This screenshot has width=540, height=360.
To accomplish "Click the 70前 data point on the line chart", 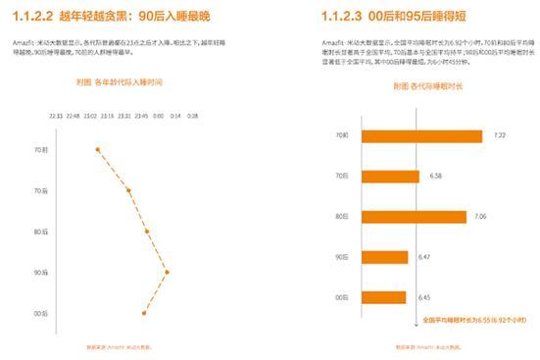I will tap(98, 149).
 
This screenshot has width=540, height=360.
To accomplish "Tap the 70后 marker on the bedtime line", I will tap(128, 190).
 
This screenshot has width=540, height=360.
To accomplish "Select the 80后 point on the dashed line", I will tap(147, 231).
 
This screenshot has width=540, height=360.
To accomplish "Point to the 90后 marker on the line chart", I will tap(168, 272).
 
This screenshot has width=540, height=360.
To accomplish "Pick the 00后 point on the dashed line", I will tap(144, 313).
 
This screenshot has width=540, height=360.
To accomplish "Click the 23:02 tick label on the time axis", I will tap(91, 115).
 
